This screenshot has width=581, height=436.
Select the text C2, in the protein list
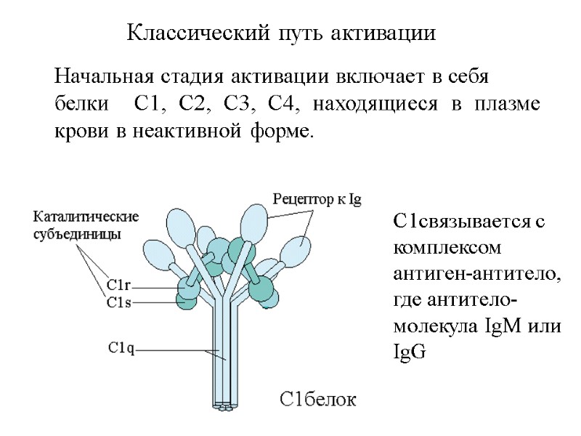click(x=193, y=105)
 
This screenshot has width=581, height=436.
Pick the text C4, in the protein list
click(x=283, y=105)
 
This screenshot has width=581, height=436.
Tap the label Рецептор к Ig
click(x=316, y=198)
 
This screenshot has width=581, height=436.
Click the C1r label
click(x=119, y=286)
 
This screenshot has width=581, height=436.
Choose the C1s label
click(x=119, y=302)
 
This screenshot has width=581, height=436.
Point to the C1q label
click(x=121, y=348)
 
